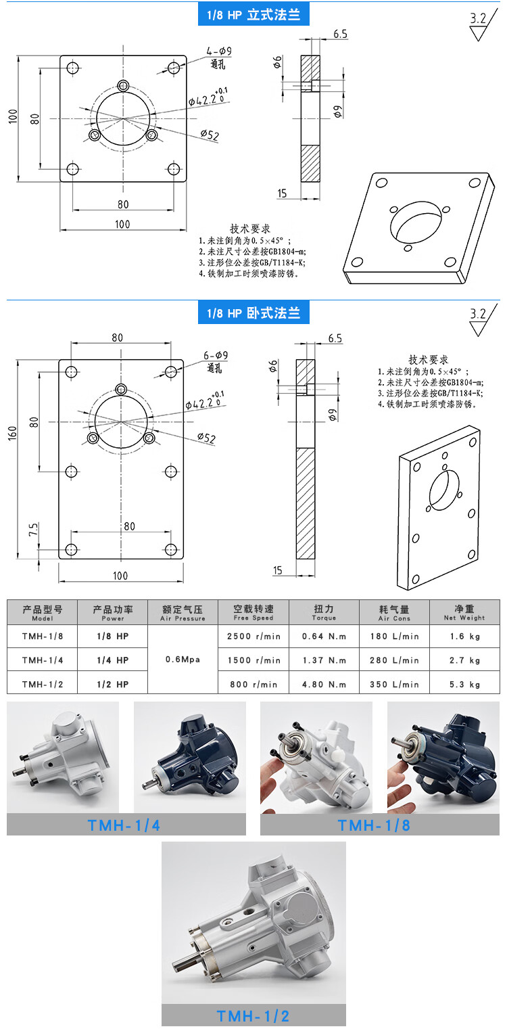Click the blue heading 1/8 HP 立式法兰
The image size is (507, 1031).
254,14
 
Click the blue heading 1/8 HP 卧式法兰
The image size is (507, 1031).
254,313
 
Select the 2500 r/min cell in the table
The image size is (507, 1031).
254,636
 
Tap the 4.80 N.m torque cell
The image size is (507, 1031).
324,684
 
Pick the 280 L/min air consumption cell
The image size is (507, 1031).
395,660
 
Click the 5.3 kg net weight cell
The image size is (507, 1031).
464,684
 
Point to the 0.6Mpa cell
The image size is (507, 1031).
183,660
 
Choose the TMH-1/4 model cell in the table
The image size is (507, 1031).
42,660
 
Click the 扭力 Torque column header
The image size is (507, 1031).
324,612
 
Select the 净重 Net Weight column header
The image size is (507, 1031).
464,612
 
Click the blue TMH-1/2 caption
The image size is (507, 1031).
254,1015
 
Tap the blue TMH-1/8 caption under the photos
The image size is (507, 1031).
374,825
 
